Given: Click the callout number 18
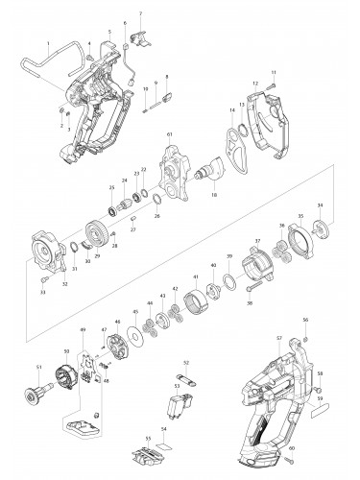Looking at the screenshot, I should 214,195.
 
